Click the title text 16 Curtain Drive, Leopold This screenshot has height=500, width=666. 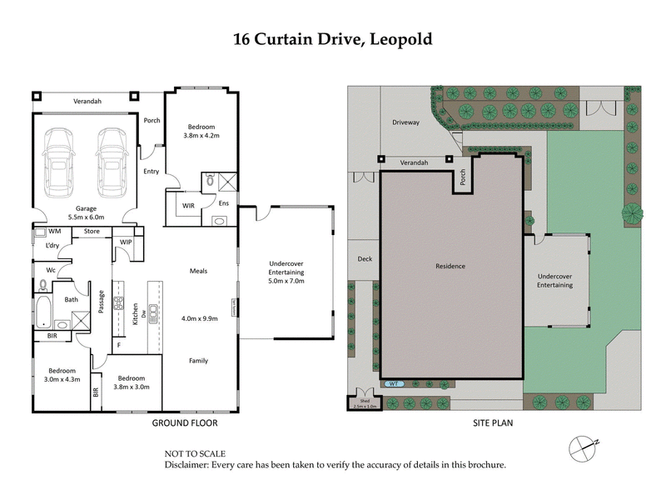[333, 38]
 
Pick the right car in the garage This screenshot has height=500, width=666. [111, 159]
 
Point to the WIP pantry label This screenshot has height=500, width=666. [127, 242]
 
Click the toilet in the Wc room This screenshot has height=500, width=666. [42, 285]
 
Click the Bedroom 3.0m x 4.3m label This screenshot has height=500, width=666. [62, 375]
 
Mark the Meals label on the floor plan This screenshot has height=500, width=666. [198, 271]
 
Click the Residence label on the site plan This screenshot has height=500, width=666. [450, 266]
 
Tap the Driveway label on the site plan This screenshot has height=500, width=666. [407, 122]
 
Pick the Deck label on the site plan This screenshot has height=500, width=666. [364, 259]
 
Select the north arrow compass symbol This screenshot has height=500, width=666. [584, 447]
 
